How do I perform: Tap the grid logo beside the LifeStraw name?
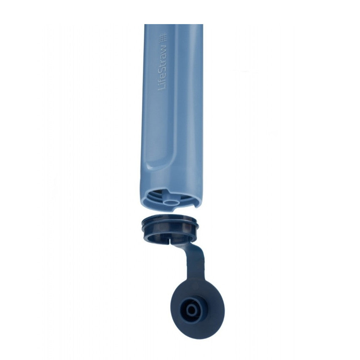coord(164,36)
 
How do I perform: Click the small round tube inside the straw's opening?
coord(170,203)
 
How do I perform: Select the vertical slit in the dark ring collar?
coord(168,238)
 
